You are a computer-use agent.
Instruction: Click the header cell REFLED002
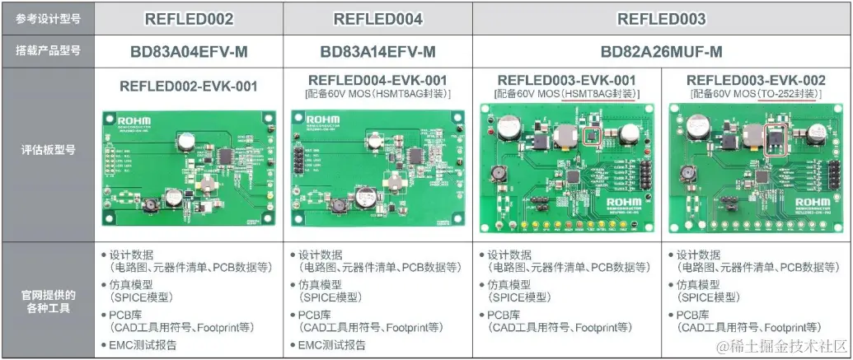pos(189,19)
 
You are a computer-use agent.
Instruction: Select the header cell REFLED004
pos(378,19)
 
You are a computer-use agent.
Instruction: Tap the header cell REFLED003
pos(662,19)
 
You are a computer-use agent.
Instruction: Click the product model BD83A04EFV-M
pos(189,52)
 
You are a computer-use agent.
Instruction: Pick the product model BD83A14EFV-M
pos(378,52)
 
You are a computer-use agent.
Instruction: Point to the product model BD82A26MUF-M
pos(662,52)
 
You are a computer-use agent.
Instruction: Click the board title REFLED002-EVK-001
pos(189,86)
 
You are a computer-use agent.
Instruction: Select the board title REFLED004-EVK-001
pos(378,81)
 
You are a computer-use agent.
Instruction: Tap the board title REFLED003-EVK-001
pos(567,81)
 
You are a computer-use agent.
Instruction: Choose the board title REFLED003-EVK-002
pos(756,81)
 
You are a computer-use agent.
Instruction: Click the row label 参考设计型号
pos(48,19)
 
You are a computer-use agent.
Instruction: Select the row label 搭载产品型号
pos(48,52)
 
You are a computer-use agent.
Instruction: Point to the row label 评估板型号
pos(48,150)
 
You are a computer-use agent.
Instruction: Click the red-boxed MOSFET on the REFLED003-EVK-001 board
pos(591,134)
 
